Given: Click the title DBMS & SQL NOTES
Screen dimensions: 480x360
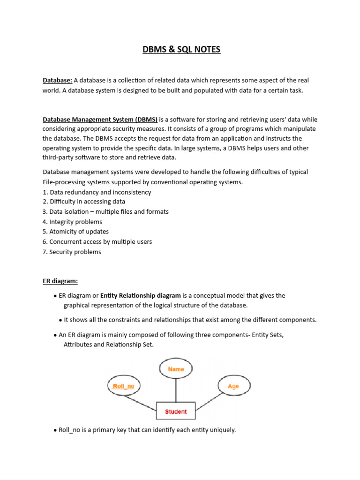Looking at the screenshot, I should [x=181, y=49].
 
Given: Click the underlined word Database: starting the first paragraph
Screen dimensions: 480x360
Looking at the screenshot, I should [x=57, y=81].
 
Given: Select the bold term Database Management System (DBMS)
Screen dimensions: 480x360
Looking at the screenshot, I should [x=100, y=119].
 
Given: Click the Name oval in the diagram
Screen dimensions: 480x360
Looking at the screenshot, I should [x=176, y=369].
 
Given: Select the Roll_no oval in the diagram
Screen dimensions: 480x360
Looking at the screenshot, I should [x=124, y=386].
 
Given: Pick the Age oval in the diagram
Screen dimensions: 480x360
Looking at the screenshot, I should [x=233, y=386].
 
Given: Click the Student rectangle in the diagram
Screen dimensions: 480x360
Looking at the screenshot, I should [x=176, y=411].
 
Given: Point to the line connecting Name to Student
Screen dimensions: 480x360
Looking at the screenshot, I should [x=176, y=390].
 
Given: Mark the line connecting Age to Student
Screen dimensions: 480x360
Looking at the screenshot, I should [x=210, y=400].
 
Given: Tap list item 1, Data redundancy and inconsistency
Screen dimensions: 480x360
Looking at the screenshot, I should [x=97, y=192].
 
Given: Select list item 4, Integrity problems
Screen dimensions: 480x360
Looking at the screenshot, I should [x=72, y=222].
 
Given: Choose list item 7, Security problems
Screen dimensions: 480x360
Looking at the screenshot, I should [x=72, y=252].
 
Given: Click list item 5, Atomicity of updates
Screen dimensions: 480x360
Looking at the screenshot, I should [x=75, y=232].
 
